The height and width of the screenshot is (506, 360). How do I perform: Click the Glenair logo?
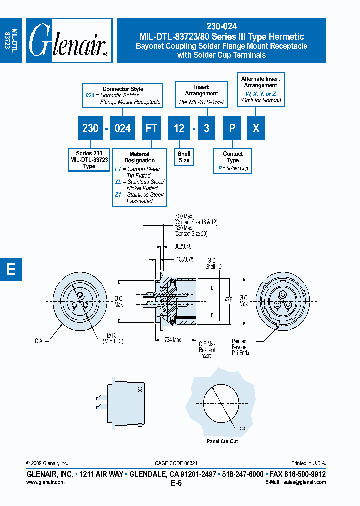(x=69, y=41)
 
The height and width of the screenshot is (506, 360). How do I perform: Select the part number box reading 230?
(x=90, y=128)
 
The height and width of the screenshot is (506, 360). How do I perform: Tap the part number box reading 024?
(x=122, y=128)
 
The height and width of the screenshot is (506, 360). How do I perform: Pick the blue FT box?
(x=151, y=128)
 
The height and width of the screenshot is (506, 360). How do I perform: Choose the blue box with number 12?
(x=179, y=128)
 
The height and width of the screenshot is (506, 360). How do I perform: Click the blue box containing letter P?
(x=232, y=128)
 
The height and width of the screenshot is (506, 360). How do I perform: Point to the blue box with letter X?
(x=256, y=128)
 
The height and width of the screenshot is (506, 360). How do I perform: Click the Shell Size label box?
(x=184, y=157)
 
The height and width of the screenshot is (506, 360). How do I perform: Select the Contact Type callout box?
(x=233, y=161)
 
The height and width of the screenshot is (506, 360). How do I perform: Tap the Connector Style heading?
(x=123, y=89)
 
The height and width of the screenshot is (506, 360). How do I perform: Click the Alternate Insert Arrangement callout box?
(x=260, y=89)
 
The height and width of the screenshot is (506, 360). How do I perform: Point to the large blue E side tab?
(x=10, y=269)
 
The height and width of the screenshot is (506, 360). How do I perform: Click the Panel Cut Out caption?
(x=222, y=441)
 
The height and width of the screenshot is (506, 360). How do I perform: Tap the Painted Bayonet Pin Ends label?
(x=240, y=347)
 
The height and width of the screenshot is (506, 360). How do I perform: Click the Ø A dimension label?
(x=40, y=340)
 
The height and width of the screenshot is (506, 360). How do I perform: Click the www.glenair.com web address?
(x=45, y=482)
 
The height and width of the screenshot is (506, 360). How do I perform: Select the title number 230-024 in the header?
(x=221, y=27)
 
